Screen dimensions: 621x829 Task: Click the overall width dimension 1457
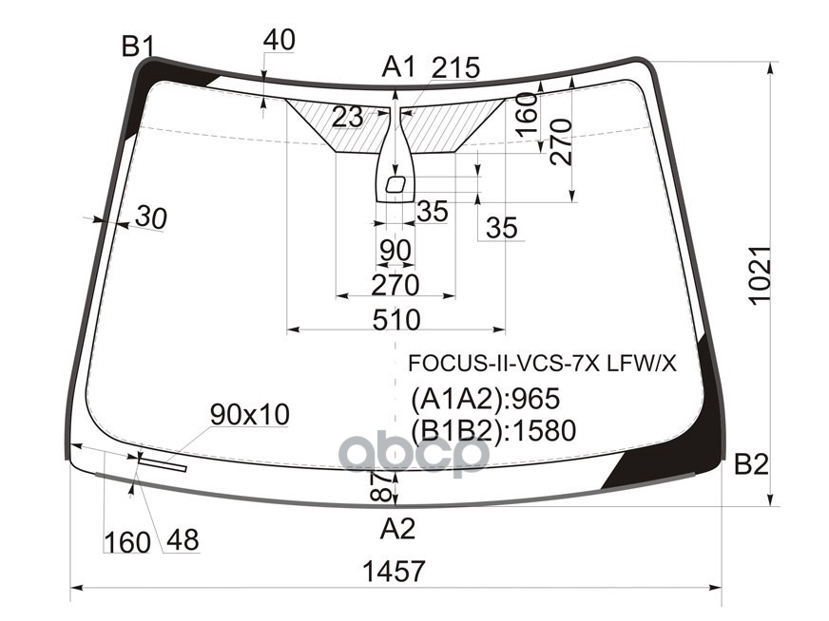pyautogui.click(x=394, y=572)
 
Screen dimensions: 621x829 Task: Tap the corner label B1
pyautogui.click(x=138, y=45)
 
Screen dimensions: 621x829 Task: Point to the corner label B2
pyautogui.click(x=750, y=464)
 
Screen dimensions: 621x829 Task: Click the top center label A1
pyautogui.click(x=399, y=67)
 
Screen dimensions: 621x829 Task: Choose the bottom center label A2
pyautogui.click(x=397, y=528)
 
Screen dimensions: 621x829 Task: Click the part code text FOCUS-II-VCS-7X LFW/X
pyautogui.click(x=542, y=364)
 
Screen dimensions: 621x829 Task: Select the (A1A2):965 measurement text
pyautogui.click(x=485, y=398)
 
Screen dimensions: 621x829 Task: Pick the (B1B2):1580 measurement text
pyautogui.click(x=493, y=431)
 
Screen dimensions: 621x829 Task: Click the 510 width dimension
pyautogui.click(x=396, y=319)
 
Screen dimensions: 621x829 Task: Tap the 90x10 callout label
pyautogui.click(x=250, y=414)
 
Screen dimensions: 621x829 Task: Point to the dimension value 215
pyautogui.click(x=455, y=68)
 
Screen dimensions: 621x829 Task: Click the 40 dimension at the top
pyautogui.click(x=279, y=40)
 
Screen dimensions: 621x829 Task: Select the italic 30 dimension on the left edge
pyautogui.click(x=149, y=217)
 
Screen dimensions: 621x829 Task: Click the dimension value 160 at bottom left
pyautogui.click(x=127, y=542)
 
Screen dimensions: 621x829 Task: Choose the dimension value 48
pyautogui.click(x=182, y=540)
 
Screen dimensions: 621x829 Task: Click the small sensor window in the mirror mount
pyautogui.click(x=397, y=183)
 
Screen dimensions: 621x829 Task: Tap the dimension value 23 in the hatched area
pyautogui.click(x=348, y=117)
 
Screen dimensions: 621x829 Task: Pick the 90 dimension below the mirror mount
pyautogui.click(x=395, y=251)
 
